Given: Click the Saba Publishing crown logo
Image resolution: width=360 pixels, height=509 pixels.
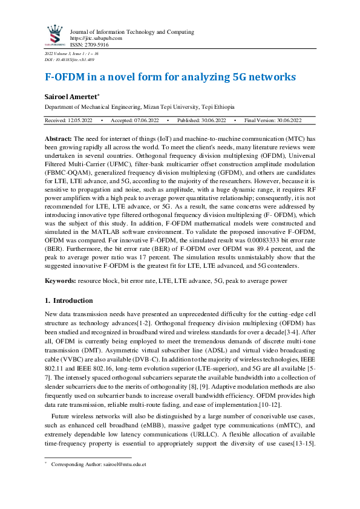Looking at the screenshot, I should tap(55, 34).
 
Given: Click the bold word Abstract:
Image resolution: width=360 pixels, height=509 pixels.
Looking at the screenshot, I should tap(59, 138).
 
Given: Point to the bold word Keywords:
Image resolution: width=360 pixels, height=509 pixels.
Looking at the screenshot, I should tap(62, 281).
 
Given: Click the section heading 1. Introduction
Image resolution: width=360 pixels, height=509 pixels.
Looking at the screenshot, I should tap(69, 300).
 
